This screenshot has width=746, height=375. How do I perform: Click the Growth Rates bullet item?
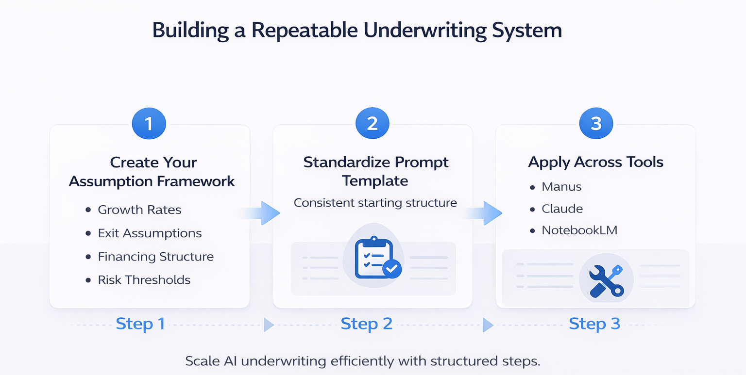click(x=139, y=210)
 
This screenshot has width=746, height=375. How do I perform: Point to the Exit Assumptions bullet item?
click(x=149, y=233)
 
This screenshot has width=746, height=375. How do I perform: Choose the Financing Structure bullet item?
click(x=155, y=257)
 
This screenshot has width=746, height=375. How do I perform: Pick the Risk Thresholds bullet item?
click(x=144, y=280)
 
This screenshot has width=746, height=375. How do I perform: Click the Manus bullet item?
click(x=561, y=187)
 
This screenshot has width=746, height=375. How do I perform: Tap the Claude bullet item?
click(x=562, y=209)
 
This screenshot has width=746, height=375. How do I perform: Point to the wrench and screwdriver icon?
click(x=606, y=280)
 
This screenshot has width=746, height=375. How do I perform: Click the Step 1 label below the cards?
click(x=140, y=324)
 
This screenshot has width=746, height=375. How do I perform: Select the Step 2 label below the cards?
click(x=366, y=324)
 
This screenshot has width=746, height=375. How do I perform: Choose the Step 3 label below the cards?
click(x=594, y=324)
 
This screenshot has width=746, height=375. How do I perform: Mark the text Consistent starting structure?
click(x=375, y=203)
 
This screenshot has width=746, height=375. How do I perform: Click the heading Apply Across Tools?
click(x=595, y=162)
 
